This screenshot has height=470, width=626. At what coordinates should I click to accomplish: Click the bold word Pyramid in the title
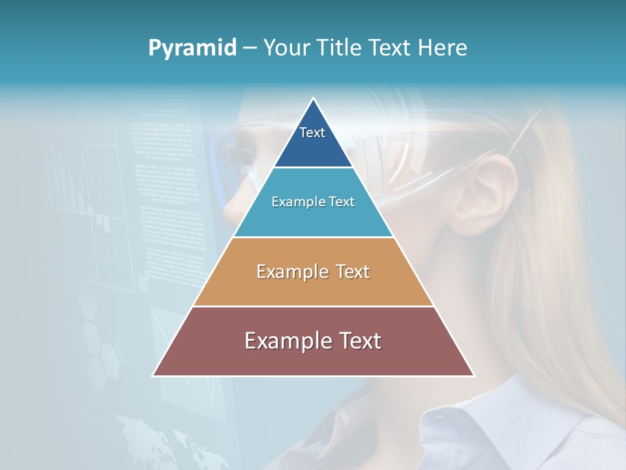point(192,48)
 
